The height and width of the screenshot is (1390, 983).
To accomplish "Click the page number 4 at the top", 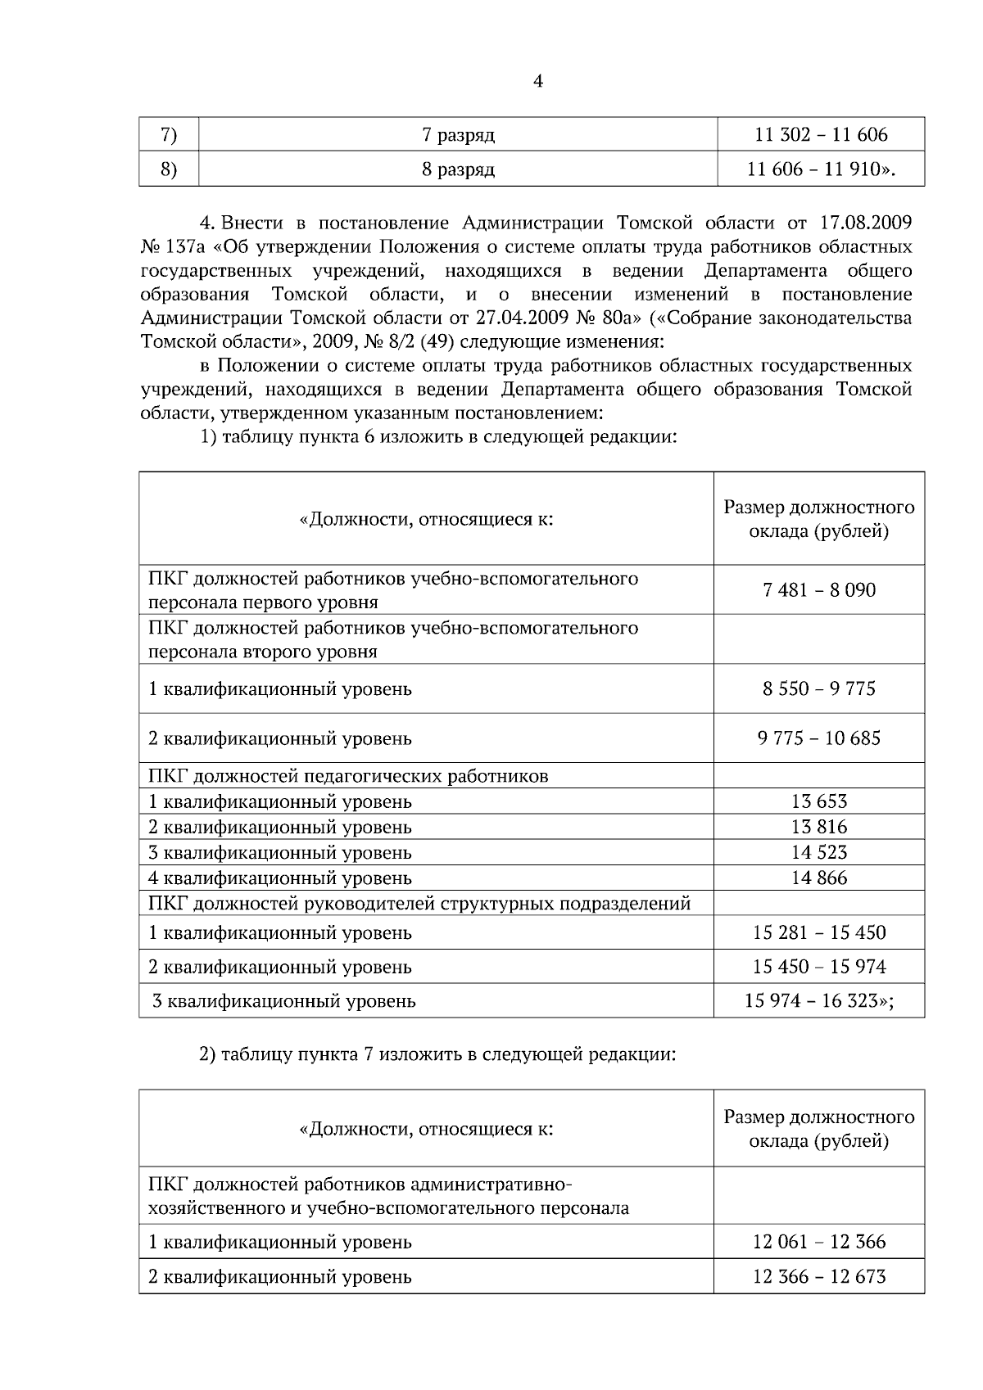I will (538, 81).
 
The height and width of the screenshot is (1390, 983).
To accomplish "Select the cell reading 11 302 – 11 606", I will (820, 134).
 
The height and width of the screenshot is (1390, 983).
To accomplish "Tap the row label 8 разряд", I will (458, 170).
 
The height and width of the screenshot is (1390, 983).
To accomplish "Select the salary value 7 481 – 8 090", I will (819, 589).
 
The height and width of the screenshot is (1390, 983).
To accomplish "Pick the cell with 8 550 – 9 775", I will (819, 688).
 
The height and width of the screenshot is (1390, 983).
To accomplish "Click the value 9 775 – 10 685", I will (819, 738).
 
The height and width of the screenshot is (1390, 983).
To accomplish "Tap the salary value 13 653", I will (819, 801).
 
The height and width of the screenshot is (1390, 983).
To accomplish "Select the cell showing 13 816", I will (819, 827).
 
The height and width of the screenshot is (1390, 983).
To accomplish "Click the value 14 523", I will (819, 852).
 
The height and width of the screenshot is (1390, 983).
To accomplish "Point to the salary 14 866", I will (819, 878).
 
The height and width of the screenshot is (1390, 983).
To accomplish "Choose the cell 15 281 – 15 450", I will (819, 932).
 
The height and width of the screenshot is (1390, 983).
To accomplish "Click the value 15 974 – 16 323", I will (819, 1000).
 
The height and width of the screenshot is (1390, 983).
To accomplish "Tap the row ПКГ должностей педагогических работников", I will (348, 776).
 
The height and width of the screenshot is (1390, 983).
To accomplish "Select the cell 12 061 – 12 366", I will (819, 1242).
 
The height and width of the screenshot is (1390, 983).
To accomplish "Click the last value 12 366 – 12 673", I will (819, 1276).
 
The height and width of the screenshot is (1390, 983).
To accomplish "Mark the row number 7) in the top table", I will (169, 134).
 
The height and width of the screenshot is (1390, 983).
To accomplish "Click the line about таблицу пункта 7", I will (438, 1054).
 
